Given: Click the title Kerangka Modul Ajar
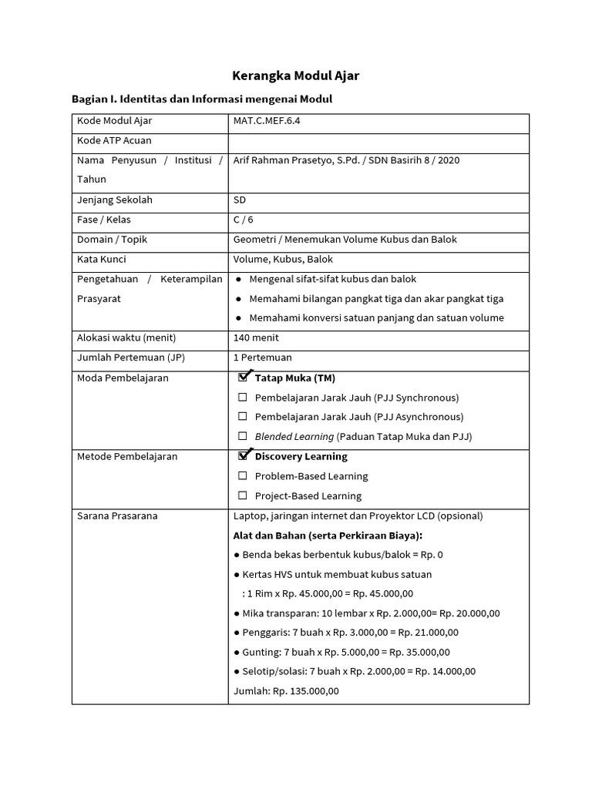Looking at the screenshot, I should pos(296,76).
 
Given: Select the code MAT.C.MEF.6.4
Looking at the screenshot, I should pos(267,121).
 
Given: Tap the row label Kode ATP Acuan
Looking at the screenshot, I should pos(114,140).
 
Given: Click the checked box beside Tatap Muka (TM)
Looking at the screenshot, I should pos(244,378).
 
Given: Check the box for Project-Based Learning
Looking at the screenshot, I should pos(243,495).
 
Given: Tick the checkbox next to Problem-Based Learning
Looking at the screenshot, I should pos(243,476).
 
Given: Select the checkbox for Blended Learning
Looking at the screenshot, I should pos(243,436).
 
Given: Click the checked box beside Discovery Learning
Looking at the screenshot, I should pos(244,456).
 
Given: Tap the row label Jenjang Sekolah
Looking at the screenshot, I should pos(115,200).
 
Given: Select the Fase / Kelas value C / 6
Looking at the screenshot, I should pos(244,220).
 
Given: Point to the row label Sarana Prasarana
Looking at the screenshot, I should pos(117,515).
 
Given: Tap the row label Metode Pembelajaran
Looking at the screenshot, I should pos(127,456).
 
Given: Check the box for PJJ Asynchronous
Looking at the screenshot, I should pos(243,417).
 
